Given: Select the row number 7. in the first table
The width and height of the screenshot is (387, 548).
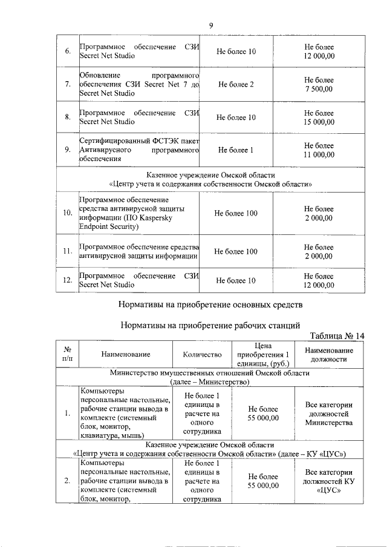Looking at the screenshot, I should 68,84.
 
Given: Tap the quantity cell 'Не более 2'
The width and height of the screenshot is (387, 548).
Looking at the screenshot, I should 236,84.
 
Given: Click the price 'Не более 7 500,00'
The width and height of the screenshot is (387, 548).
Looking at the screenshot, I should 318,84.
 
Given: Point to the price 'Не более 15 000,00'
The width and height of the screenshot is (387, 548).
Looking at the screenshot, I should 318,117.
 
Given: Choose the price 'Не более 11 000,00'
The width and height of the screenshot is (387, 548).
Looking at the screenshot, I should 318,150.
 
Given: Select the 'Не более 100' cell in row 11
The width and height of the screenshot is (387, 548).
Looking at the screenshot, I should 236,251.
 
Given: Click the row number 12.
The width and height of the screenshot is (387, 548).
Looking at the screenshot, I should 68,280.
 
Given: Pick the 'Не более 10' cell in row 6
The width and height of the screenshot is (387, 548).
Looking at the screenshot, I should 236,51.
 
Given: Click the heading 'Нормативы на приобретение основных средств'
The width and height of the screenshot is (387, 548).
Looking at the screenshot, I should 210,303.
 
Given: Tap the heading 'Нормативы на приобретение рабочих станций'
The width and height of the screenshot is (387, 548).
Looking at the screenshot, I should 210,325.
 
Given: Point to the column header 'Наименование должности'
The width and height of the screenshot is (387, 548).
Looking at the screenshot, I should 329,354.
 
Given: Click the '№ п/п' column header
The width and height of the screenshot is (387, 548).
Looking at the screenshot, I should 68,354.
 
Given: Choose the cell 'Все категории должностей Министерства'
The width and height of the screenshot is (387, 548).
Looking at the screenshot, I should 329,414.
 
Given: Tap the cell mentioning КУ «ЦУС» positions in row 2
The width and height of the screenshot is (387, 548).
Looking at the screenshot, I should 329,481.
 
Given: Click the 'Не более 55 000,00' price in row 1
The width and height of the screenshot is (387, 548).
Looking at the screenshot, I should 262,414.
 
